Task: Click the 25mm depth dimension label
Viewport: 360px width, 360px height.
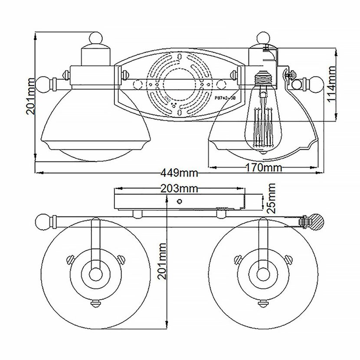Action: [272, 198]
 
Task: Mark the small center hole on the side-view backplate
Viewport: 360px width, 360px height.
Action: [179, 201]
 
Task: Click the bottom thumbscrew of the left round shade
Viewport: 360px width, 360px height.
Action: [95, 304]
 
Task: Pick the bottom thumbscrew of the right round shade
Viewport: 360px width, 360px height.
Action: [262, 304]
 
